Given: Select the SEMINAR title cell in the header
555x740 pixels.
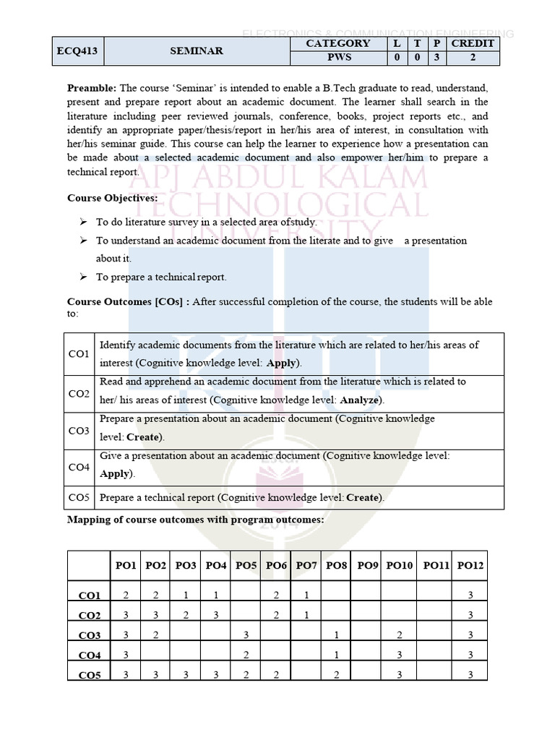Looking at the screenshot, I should coord(196,51).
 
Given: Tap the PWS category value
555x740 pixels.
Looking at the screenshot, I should coord(338,57).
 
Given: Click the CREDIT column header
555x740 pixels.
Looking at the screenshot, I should coord(473,43).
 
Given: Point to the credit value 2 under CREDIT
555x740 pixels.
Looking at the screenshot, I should coord(473,57).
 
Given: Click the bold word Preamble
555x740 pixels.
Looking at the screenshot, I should coord(92,88).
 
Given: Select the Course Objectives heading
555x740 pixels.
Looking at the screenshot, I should coord(112,198).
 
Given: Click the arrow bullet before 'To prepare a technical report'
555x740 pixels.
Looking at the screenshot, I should coord(83,277).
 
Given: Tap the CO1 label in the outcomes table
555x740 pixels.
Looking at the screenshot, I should coord(79,354).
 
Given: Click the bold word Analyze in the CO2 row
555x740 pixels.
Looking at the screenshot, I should coord(361,400).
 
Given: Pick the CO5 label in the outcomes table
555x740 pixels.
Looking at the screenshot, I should coord(79,497).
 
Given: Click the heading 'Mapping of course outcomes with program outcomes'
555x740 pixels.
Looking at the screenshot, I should coord(195,520).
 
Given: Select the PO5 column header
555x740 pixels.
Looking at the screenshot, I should coord(246,565).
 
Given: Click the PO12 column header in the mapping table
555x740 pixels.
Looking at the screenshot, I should coord(470,565).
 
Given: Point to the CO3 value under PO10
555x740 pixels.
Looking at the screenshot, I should coord(399,635).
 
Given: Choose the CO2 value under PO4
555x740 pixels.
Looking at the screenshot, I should coord(215,615).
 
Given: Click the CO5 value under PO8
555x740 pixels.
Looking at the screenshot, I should coord(337,676).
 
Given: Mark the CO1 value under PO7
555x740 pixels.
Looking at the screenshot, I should coord(306,595).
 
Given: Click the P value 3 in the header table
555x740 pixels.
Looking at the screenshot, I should coord(436,57).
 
